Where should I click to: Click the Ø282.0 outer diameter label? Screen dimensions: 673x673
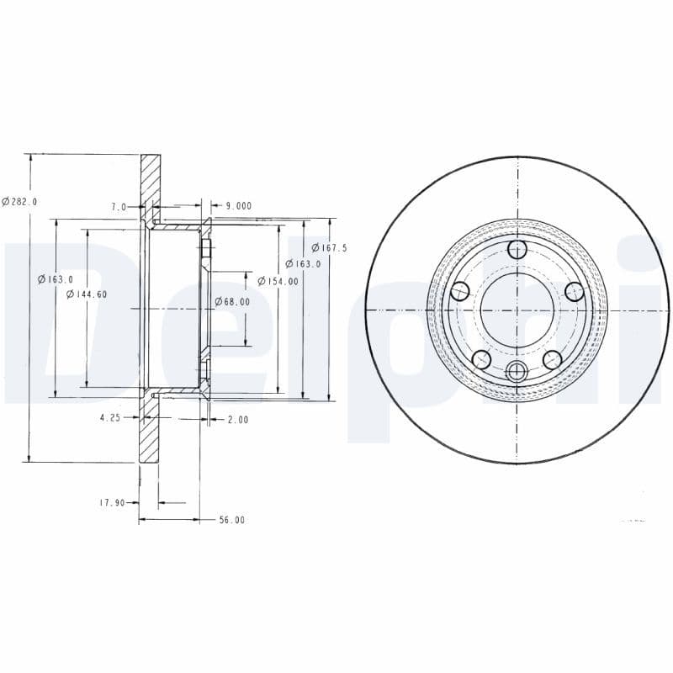19,201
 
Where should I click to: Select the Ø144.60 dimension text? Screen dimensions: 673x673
87,294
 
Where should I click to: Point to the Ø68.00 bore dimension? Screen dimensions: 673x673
232,301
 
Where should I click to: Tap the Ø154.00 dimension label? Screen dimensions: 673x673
278,281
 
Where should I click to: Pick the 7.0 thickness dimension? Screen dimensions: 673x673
118,206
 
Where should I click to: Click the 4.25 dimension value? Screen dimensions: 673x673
110,418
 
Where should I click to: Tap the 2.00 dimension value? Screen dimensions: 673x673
237,419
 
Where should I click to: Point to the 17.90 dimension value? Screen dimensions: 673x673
111,503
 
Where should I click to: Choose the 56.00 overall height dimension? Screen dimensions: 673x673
231,520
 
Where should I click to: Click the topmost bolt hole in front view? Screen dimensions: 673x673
517,249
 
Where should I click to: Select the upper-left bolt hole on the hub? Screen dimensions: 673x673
459,292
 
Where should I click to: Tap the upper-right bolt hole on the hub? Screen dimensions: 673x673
575,292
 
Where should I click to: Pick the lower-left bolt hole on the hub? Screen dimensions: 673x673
481,360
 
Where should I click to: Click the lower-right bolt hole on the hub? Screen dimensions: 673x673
553,360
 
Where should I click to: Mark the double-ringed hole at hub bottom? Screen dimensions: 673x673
517,371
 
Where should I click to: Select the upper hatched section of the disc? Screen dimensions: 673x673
150,180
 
